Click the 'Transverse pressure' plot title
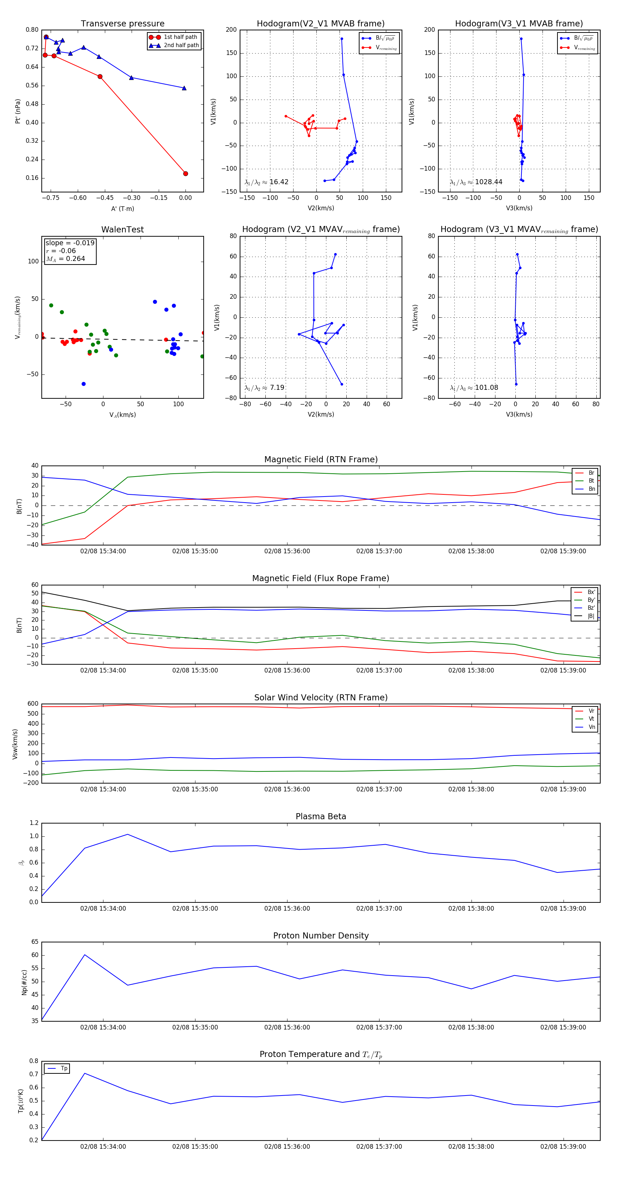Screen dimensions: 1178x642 pos(122,24)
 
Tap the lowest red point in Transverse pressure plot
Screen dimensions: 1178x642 pos(185,174)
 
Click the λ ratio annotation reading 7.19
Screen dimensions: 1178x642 pos(276,388)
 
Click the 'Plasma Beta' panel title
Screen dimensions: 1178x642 pos(321,817)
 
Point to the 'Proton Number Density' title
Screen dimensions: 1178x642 pos(321,936)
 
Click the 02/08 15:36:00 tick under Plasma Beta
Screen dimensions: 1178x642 pos(287,908)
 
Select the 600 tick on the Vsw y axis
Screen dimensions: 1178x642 pos(33,704)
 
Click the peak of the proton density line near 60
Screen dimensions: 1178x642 pos(85,955)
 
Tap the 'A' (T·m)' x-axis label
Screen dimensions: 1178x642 pos(122,209)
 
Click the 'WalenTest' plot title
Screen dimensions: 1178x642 pos(122,230)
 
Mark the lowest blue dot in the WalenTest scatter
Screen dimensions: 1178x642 pos(83,384)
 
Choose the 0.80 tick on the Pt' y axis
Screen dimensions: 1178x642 pos(32,30)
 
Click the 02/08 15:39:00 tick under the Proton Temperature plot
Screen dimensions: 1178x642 pos(563,1147)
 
